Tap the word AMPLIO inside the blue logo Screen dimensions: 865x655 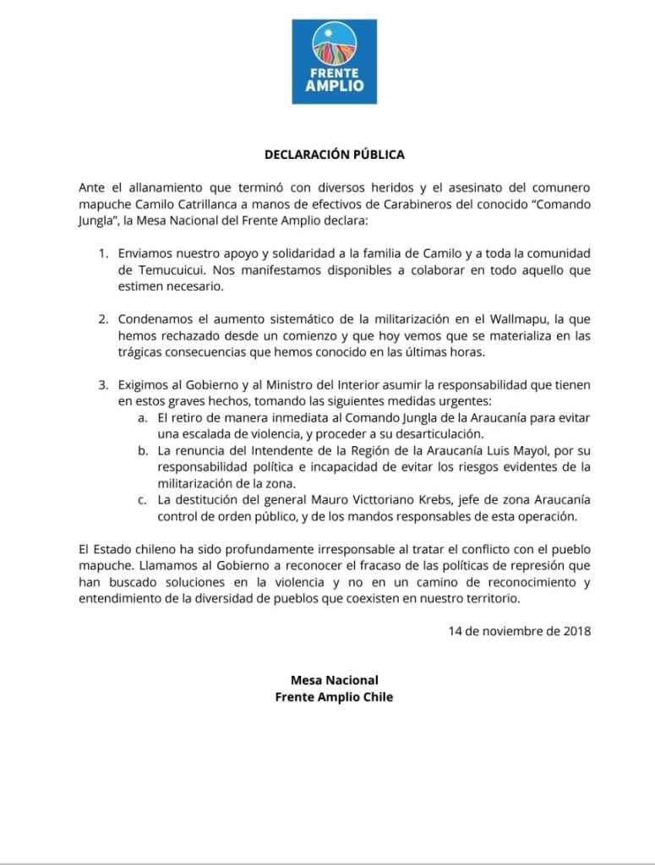334,87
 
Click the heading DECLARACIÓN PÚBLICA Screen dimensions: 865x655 334,155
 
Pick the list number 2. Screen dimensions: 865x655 103,319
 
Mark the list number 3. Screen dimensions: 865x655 103,385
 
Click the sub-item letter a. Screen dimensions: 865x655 143,418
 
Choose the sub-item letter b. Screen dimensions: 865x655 143,451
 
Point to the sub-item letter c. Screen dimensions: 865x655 143,500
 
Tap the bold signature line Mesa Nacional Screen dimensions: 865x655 334,680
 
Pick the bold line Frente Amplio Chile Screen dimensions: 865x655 334,697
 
